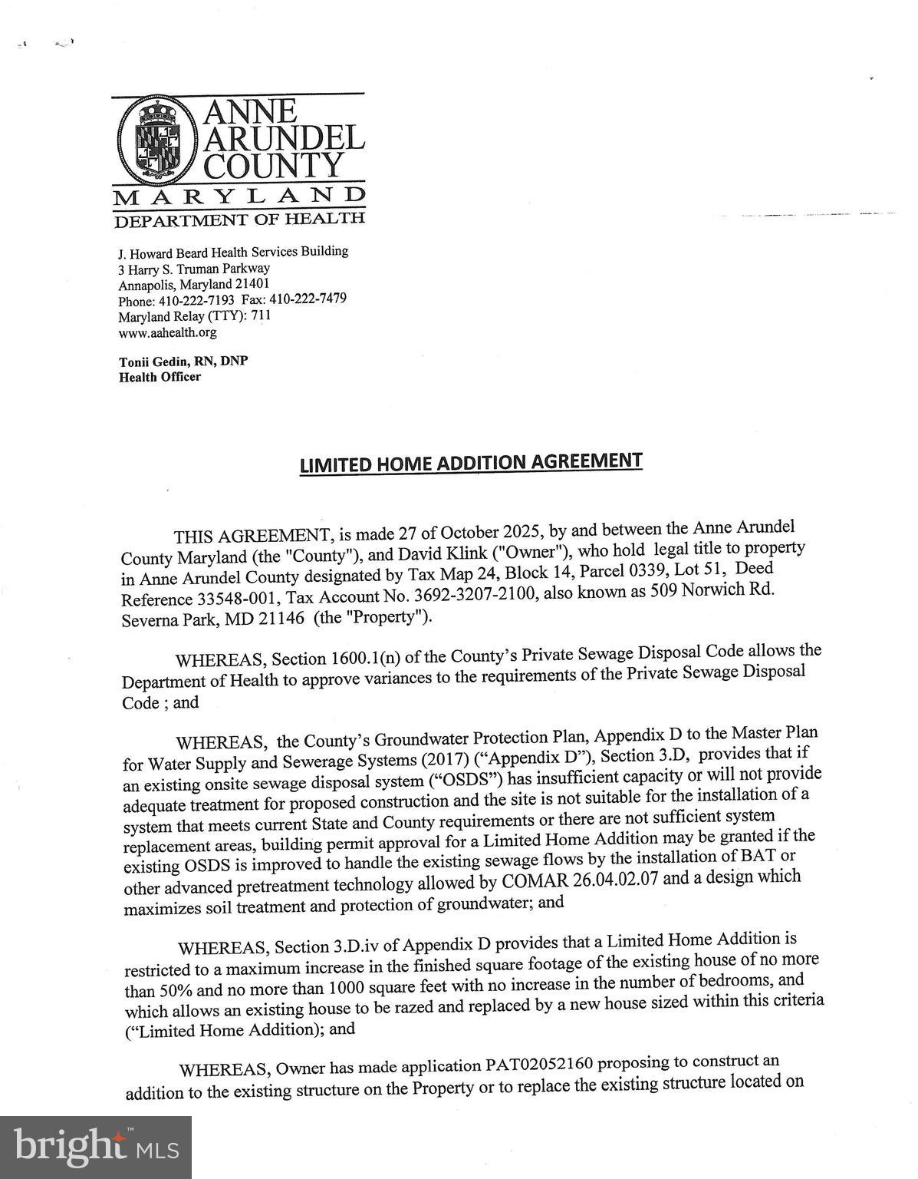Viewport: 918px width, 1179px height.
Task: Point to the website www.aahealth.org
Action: click(x=167, y=333)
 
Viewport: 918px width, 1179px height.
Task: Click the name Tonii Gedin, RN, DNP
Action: click(x=183, y=362)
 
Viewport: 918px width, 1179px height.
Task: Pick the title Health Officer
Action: click(x=160, y=377)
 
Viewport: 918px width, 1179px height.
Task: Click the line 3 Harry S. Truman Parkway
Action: click(x=194, y=269)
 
